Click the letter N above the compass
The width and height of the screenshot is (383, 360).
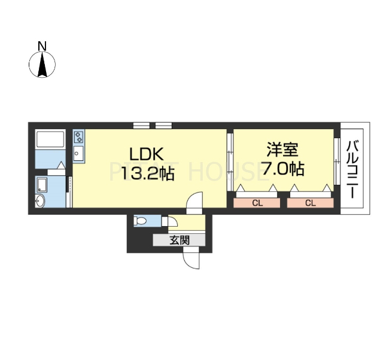pyautogui.click(x=42, y=45)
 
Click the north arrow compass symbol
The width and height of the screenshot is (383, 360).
pyautogui.click(x=42, y=65)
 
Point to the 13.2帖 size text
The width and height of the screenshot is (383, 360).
pyautogui.click(x=147, y=174)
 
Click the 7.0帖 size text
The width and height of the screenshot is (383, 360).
pyautogui.click(x=282, y=169)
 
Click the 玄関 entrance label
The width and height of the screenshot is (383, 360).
pyautogui.click(x=179, y=240)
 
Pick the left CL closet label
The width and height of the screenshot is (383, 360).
pyautogui.click(x=257, y=203)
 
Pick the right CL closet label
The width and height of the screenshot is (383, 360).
pyautogui.click(x=310, y=203)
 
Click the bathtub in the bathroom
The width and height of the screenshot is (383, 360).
pyautogui.click(x=50, y=140)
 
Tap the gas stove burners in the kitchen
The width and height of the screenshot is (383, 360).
pyautogui.click(x=78, y=138)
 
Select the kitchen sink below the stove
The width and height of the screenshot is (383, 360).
pyautogui.click(x=78, y=154)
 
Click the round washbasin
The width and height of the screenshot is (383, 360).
pyautogui.click(x=40, y=201)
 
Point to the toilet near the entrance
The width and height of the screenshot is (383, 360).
pyautogui.click(x=141, y=221)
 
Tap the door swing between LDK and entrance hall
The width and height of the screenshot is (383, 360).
pyautogui.click(x=195, y=203)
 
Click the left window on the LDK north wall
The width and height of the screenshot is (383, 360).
pyautogui.click(x=141, y=125)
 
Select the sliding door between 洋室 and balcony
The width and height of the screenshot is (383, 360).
pyautogui.click(x=336, y=161)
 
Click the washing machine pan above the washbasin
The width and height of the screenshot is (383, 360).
pyautogui.click(x=42, y=183)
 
